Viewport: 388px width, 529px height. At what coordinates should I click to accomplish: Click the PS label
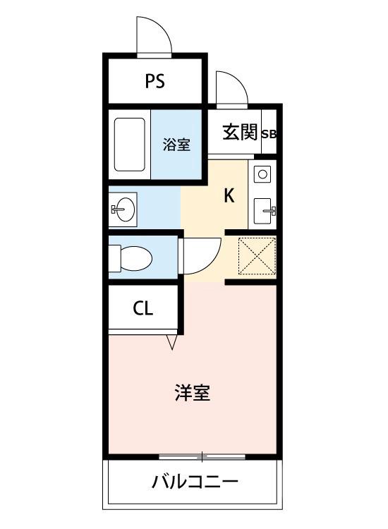155,81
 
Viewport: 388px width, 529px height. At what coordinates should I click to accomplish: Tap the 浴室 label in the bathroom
176,145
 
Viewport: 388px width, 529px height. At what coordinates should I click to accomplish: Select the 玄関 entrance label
240,133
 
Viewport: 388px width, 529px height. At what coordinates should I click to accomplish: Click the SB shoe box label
269,133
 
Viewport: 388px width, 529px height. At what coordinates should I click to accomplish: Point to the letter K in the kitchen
229,195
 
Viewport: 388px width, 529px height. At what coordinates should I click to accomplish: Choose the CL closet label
143,309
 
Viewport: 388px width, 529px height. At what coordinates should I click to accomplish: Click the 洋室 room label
192,392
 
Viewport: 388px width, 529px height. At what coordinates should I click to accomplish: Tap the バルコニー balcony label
195,483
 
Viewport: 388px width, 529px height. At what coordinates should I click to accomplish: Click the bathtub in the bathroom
129,145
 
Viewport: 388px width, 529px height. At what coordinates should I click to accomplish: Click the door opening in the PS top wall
154,54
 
